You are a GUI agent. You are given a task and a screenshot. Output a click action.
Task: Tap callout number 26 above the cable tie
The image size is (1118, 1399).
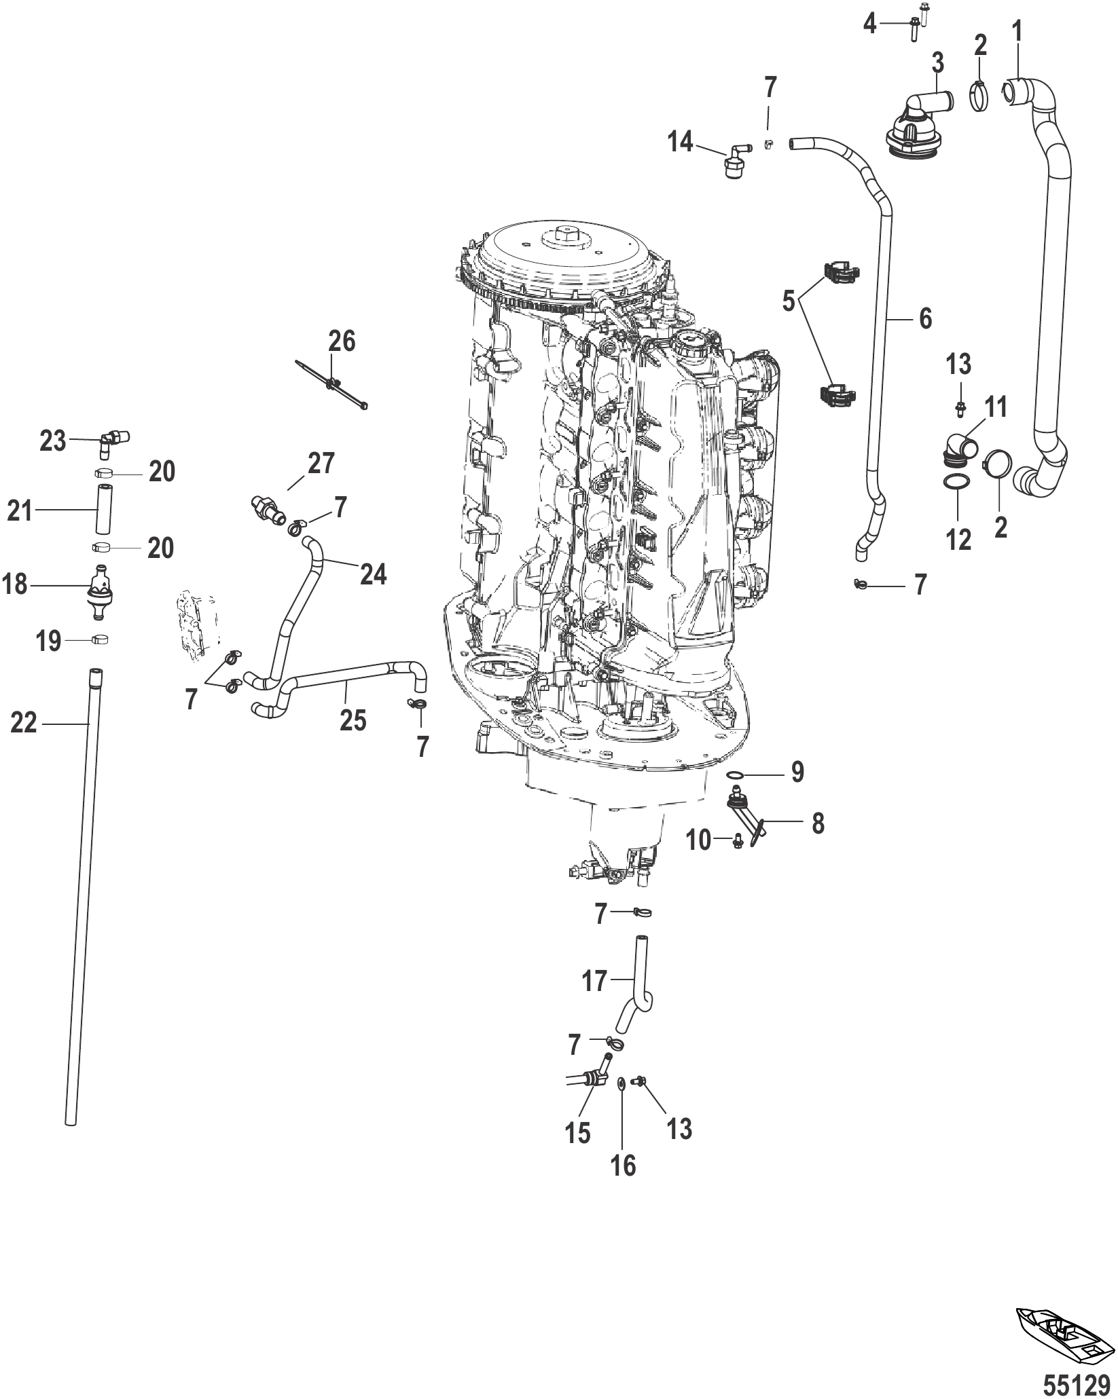[342, 341]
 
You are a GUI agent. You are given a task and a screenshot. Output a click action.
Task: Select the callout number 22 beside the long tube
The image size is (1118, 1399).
[24, 724]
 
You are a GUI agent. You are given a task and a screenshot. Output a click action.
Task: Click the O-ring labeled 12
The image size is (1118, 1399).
[956, 482]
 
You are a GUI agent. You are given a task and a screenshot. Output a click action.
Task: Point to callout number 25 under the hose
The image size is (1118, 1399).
[353, 720]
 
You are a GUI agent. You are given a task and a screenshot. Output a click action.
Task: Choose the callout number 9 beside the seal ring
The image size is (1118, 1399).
[797, 772]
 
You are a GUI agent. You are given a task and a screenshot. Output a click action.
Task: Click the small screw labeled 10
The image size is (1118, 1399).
[736, 841]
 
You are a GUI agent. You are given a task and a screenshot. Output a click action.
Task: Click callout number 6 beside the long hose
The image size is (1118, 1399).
[925, 318]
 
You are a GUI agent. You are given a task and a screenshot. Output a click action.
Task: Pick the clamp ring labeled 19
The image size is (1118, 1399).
[101, 639]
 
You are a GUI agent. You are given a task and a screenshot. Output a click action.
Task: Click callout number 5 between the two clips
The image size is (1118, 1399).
[789, 301]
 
